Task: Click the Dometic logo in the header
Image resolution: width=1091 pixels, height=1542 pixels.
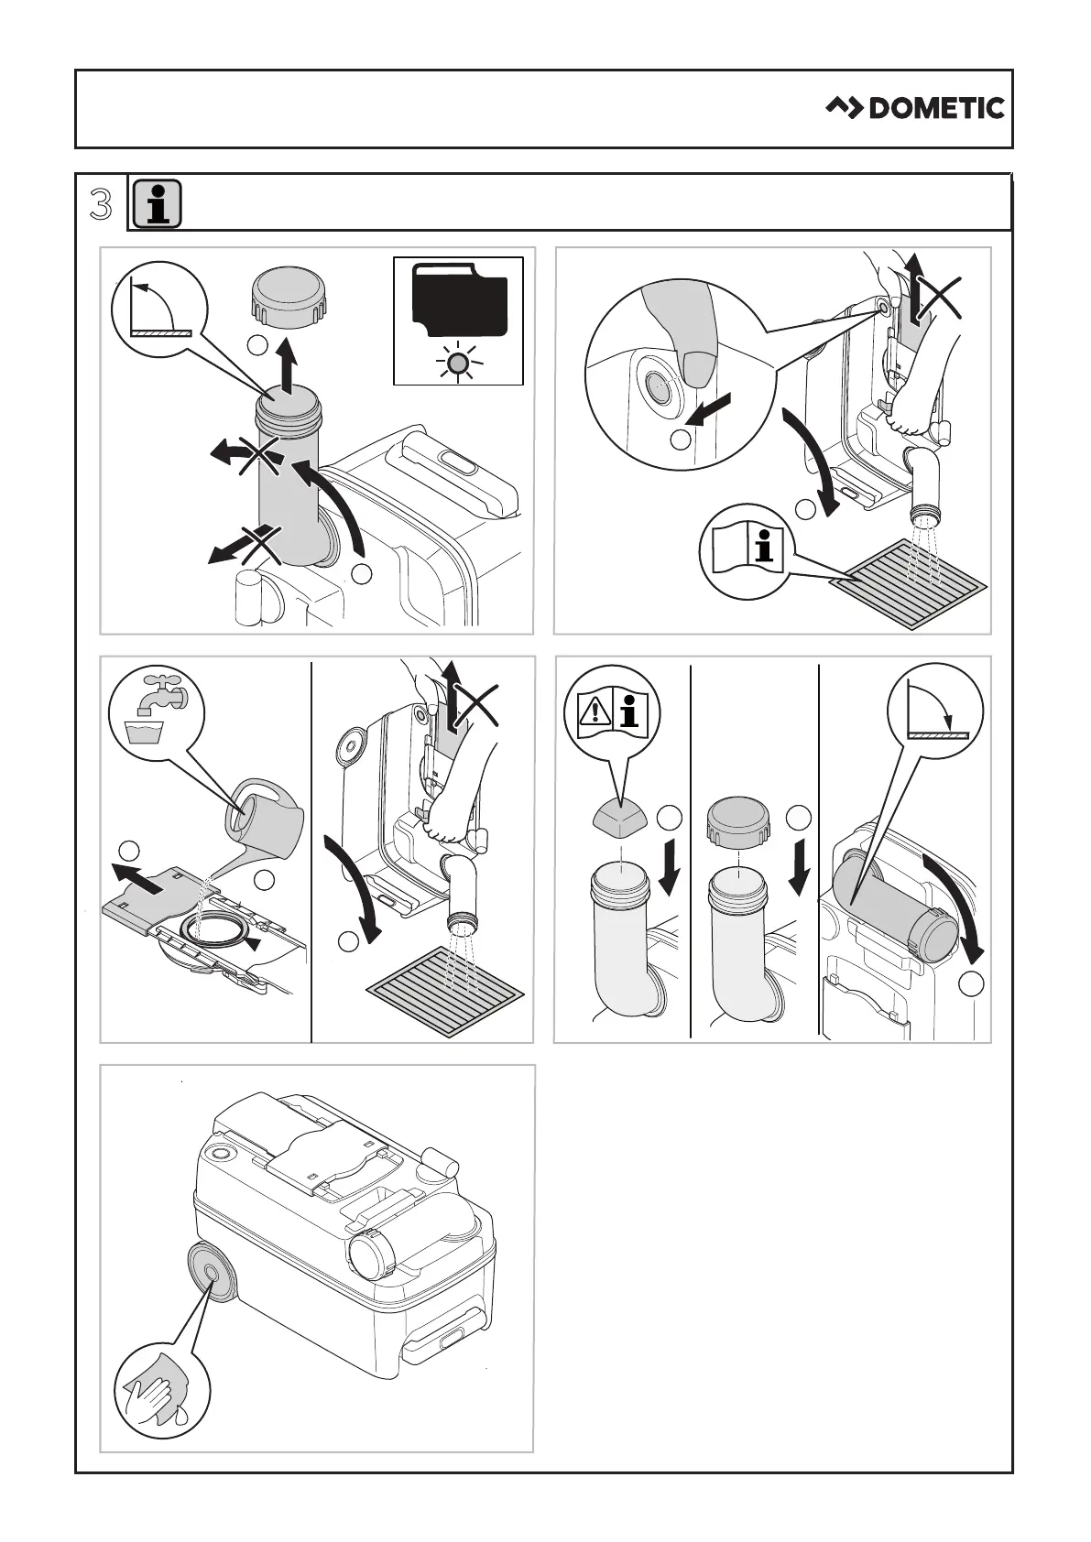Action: click(x=915, y=108)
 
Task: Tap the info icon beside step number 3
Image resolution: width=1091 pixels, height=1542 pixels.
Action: click(x=157, y=203)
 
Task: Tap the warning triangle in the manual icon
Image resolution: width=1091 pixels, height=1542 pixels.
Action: click(x=595, y=711)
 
